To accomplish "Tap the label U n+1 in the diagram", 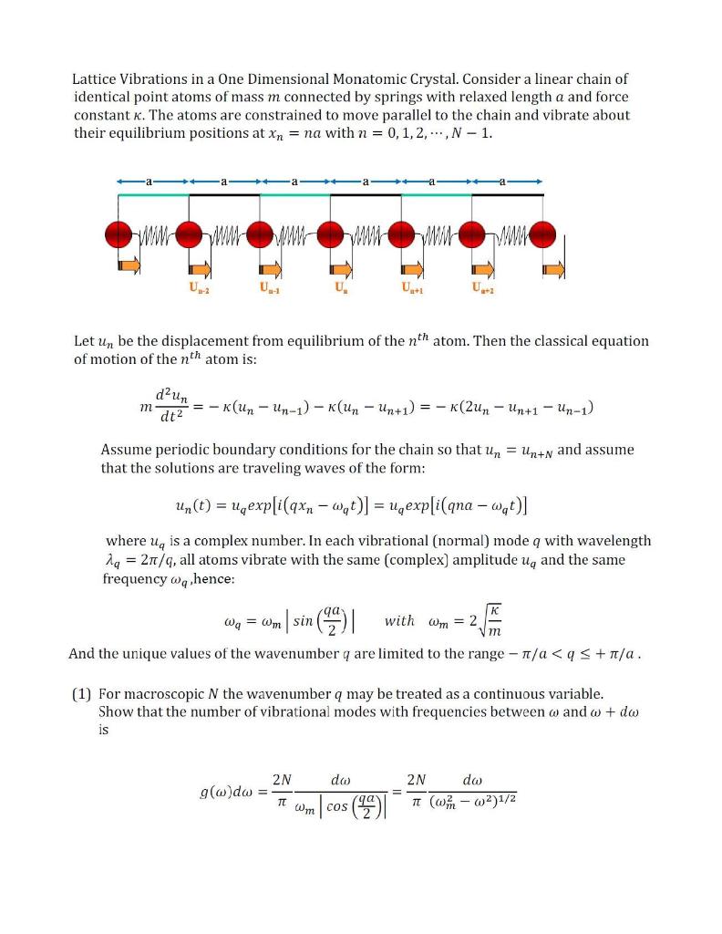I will click(x=411, y=291).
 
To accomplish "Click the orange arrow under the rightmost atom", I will click(x=554, y=268).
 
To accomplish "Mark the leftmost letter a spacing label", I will click(x=152, y=181).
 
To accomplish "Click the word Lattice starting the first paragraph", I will click(x=97, y=79).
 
